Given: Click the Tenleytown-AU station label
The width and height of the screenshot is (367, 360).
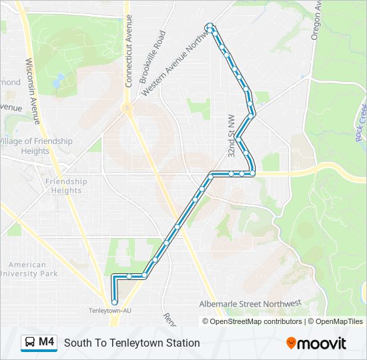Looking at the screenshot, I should [109, 311].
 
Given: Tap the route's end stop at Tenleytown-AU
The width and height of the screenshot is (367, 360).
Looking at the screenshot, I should [115, 302].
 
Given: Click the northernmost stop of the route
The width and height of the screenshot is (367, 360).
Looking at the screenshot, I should [211, 27].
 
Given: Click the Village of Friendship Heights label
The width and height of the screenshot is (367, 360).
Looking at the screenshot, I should [37, 146].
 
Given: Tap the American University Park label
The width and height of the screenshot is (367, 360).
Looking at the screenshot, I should [33, 269].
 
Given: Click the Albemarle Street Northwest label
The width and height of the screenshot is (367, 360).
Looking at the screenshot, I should [250, 304].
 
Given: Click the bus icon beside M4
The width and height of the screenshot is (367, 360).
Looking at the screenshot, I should [30, 343].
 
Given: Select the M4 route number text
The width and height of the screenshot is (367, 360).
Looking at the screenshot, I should [46, 343].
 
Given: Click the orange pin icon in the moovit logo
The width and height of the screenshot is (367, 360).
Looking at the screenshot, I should [292, 343].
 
